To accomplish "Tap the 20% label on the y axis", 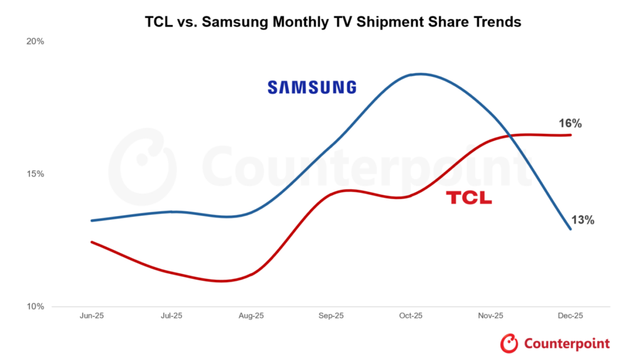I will [35, 41].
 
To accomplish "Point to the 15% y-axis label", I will [35, 174].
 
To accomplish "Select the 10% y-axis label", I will [35, 307].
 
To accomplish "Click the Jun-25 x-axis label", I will [92, 316].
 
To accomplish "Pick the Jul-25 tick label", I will [171, 316].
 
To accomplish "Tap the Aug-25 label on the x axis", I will [251, 316].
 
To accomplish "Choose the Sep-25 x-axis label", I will [331, 316].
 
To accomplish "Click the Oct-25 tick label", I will [411, 316].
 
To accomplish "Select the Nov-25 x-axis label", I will [490, 316].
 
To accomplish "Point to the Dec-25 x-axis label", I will [570, 316].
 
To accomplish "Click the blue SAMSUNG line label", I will [311, 87].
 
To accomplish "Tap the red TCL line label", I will [469, 199].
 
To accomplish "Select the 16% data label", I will [570, 124].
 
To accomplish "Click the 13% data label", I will [582, 220].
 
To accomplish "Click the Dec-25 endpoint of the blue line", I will [570, 229].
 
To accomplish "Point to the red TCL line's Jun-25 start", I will [92, 242].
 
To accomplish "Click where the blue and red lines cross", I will [516, 135].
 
